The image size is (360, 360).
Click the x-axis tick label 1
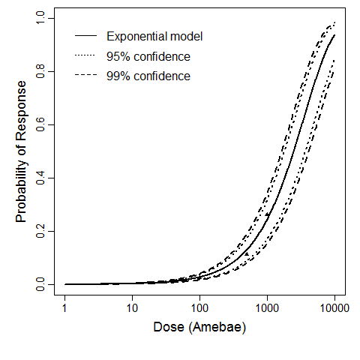[x=65, y=308]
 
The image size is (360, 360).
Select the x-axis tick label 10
[x=133, y=308]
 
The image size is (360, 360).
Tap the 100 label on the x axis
[x=200, y=308]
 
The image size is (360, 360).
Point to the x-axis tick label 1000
[x=268, y=308]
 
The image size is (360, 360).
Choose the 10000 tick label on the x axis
[x=334, y=308]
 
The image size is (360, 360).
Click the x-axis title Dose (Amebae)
[x=199, y=329]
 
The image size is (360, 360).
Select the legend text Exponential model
[x=154, y=37]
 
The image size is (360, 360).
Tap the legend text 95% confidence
[x=148, y=56]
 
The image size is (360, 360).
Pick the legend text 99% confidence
[x=148, y=76]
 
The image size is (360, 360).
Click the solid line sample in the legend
[x=85, y=37]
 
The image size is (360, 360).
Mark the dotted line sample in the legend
[x=85, y=56]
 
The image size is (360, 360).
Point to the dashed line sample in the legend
[x=85, y=76]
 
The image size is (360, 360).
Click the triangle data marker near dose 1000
[x=268, y=215]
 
